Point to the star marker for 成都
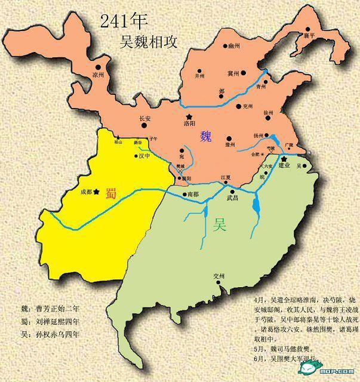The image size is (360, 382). pyautogui.click(x=96, y=192)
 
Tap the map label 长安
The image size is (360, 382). pyautogui.click(x=145, y=119)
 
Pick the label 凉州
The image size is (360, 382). pyautogui.click(x=99, y=75)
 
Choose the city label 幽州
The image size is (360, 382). pyautogui.click(x=233, y=45)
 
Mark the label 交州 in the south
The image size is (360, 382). pyautogui.click(x=219, y=276)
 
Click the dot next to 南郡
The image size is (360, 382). pyautogui.click(x=184, y=194)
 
